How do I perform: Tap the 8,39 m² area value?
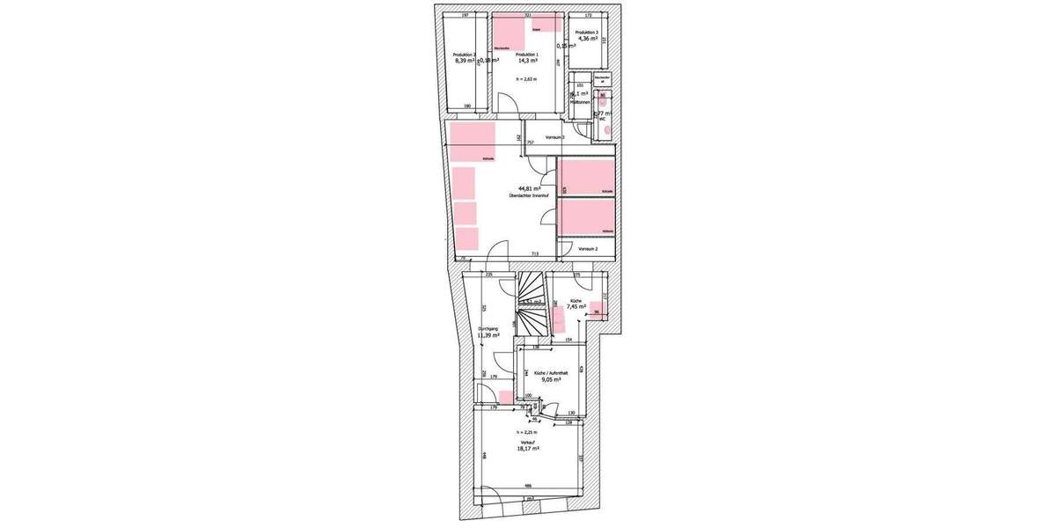pos(465,61)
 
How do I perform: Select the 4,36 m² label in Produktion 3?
pos(588,38)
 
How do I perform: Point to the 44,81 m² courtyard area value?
pos(530,188)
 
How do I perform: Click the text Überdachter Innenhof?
pos(530,195)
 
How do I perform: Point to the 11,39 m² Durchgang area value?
pos(488,335)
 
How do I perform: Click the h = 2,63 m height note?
pos(525,79)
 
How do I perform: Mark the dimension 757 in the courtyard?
pos(531,142)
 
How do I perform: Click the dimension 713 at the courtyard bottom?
pos(534,253)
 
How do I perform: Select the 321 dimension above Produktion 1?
pos(527,16)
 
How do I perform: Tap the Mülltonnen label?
pos(579,102)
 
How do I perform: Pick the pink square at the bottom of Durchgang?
pos(505,396)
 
